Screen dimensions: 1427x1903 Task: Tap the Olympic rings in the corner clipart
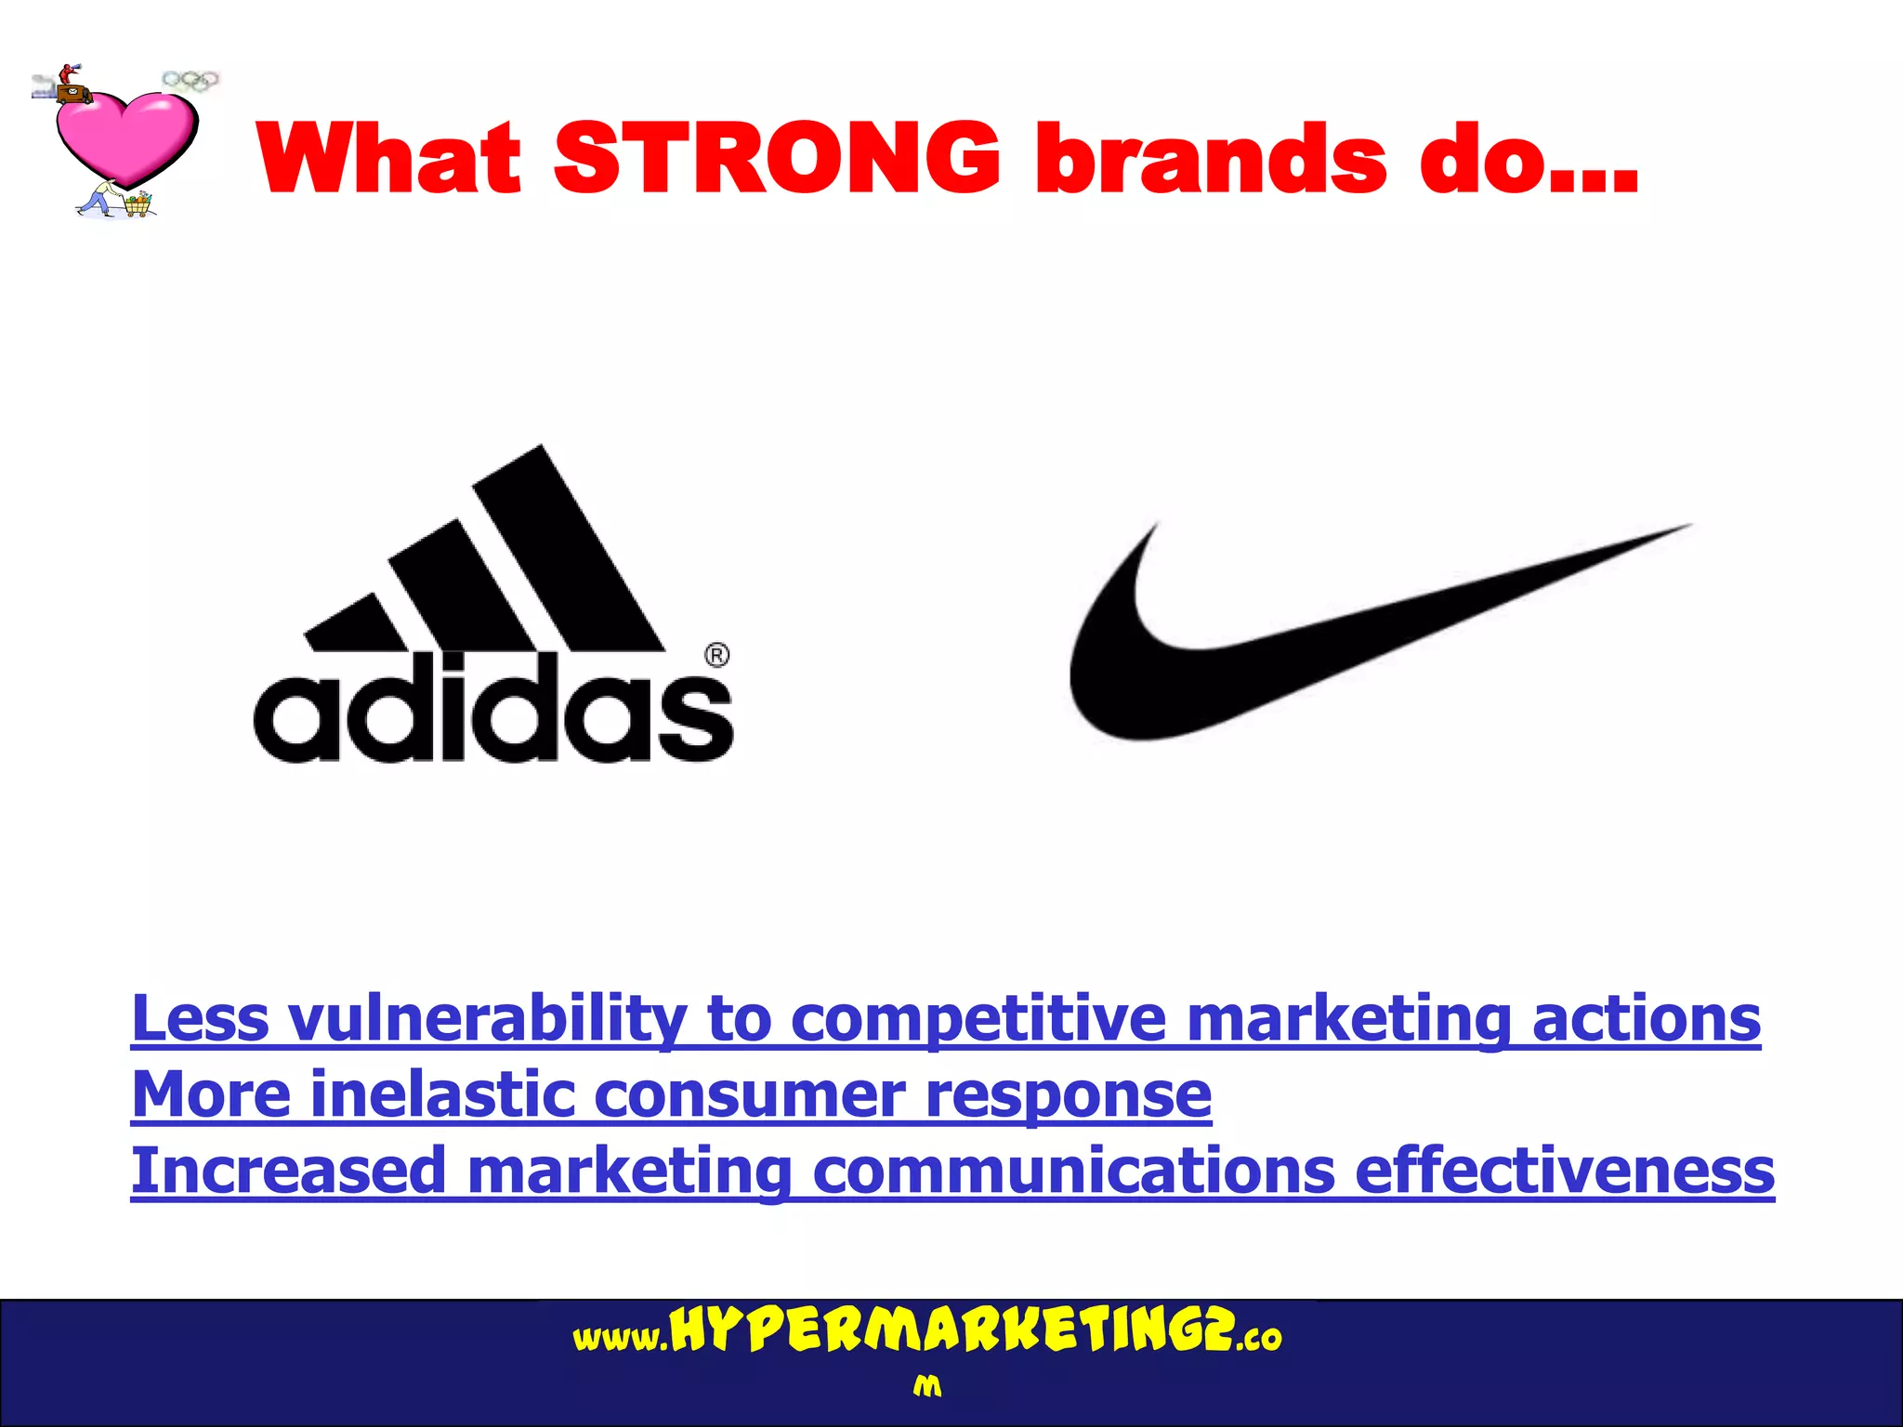(190, 81)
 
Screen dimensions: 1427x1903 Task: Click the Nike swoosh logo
(1301, 641)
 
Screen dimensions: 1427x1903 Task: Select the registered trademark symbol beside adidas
(717, 656)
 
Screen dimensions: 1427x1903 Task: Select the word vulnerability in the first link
(487, 1019)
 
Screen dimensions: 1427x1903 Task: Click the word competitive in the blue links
(978, 1019)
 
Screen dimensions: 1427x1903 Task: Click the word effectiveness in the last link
(1565, 1171)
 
